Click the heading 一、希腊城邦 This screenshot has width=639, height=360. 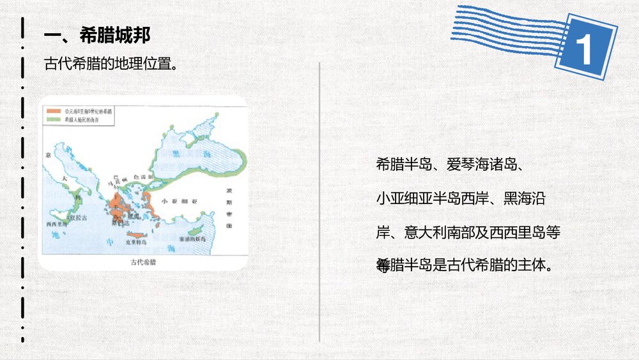(x=96, y=35)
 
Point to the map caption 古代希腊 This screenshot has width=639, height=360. (x=143, y=262)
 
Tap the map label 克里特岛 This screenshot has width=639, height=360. (x=135, y=243)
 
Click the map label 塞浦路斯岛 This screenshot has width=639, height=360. (x=192, y=239)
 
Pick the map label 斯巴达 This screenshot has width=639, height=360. (x=119, y=224)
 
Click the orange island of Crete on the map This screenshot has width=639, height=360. (x=136, y=235)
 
